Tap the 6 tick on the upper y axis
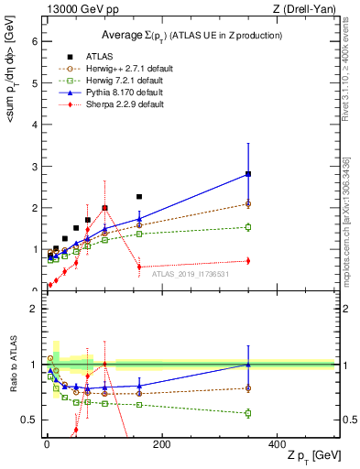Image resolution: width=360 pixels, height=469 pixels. click(34, 41)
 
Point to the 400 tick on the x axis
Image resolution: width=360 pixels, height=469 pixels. click(277, 443)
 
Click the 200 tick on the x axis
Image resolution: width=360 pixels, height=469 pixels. click(161, 443)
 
